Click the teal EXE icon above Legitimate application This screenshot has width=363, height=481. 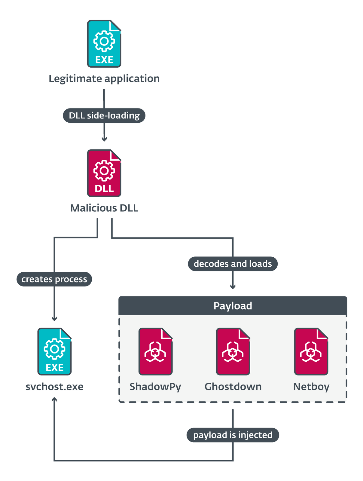pyautogui.click(x=104, y=44)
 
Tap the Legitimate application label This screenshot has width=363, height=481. pyautogui.click(x=104, y=79)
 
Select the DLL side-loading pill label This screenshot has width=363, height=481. pyautogui.click(x=104, y=115)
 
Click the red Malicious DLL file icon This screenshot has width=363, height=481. pyautogui.click(x=104, y=173)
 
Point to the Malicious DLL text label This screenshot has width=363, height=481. pyautogui.click(x=104, y=208)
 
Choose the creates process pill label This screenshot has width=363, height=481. pyautogui.click(x=54, y=279)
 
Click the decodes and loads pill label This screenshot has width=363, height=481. pyautogui.click(x=233, y=264)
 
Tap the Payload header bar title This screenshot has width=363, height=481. pyautogui.click(x=233, y=306)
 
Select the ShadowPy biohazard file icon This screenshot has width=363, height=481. pyautogui.click(x=155, y=351)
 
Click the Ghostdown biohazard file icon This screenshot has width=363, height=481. pyautogui.click(x=233, y=351)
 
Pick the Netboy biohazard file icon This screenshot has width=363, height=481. pyautogui.click(x=311, y=351)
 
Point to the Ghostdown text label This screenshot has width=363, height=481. pyautogui.click(x=233, y=387)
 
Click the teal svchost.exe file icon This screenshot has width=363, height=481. pyautogui.click(x=54, y=351)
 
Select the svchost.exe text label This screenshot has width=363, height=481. pyautogui.click(x=54, y=387)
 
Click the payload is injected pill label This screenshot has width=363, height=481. pyautogui.click(x=233, y=435)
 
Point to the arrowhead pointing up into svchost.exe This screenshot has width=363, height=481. pyautogui.click(x=54, y=399)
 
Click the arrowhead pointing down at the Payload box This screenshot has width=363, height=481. pyautogui.click(x=233, y=287)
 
